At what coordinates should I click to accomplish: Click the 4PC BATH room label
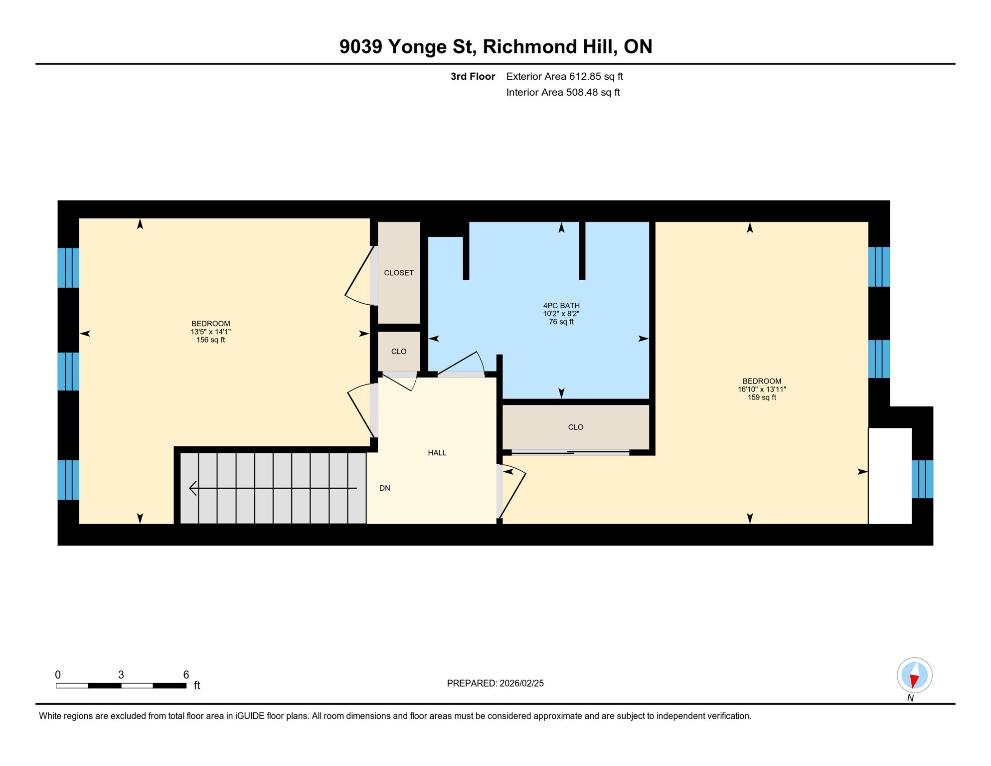(561, 305)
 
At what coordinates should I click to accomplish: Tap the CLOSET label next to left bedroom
(398, 273)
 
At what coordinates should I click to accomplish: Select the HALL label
(437, 453)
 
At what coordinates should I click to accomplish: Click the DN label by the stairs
(384, 488)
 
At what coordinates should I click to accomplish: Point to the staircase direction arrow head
(193, 488)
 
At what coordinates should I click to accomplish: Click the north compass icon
(914, 675)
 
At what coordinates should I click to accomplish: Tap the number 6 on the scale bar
(186, 675)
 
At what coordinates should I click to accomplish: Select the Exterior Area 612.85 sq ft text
(564, 76)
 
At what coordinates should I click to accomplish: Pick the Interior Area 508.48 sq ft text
(563, 92)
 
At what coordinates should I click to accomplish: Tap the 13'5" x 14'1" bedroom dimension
(210, 332)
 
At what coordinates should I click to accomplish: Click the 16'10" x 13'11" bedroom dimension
(761, 389)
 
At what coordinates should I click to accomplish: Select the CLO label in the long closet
(575, 427)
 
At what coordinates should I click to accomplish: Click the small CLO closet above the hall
(398, 352)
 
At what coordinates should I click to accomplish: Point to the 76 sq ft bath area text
(561, 322)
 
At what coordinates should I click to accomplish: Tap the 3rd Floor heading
(472, 76)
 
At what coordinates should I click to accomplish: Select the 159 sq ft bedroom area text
(761, 397)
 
